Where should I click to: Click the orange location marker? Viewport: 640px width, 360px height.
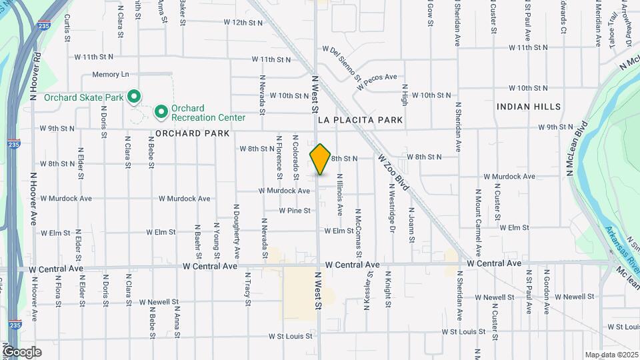pos(320,159)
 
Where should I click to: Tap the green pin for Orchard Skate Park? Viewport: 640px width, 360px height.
pos(133,97)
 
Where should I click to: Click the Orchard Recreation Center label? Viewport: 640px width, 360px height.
pos(208,113)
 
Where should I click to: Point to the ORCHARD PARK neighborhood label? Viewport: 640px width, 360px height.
pos(192,133)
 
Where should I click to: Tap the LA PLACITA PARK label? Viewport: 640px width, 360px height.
pos(360,120)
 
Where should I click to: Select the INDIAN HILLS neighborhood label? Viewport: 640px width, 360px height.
pos(529,107)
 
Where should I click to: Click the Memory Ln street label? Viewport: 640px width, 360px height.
pos(111,74)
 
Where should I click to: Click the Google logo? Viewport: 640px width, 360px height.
pos(22,352)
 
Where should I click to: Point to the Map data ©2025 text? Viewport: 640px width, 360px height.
pos(611,355)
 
